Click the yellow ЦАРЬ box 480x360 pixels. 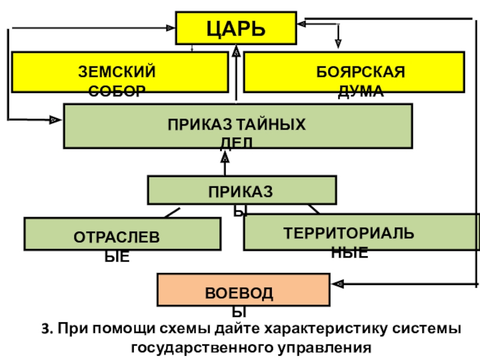coord(236,28)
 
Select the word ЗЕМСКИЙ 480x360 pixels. coord(117,73)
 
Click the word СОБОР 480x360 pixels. coord(117,91)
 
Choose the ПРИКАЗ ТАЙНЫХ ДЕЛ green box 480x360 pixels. coord(238,125)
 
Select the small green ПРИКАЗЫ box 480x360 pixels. coord(242,190)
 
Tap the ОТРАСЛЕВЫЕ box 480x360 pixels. coord(121,234)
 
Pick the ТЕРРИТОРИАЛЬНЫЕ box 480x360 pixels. coord(361,233)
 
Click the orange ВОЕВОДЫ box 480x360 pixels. coord(243,290)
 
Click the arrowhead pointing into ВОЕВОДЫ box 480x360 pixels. coord(337,283)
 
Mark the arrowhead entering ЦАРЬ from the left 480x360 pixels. coord(169,27)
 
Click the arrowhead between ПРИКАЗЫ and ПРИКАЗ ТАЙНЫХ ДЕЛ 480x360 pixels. coord(225,157)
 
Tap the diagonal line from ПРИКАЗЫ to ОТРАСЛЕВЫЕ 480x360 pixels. coord(172,212)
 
